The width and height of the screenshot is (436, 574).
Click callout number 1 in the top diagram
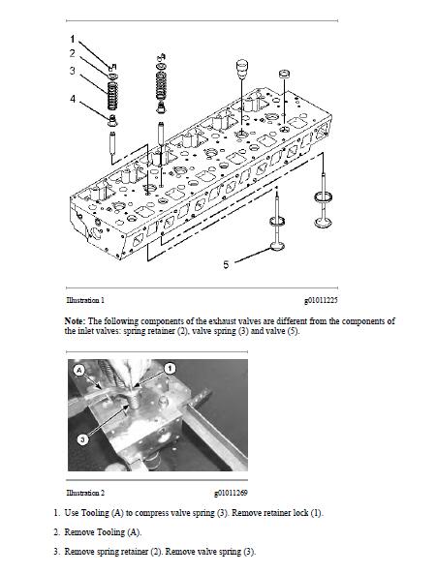click(x=72, y=39)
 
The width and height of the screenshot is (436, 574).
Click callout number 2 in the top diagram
click(x=72, y=53)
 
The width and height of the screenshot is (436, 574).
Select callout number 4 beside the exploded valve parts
click(x=73, y=99)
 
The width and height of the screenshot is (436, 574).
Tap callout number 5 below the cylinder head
click(x=226, y=264)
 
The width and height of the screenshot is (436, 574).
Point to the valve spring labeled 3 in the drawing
click(x=112, y=95)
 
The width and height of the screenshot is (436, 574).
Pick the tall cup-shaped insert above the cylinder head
click(x=241, y=69)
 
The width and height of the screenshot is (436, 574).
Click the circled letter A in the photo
click(x=79, y=371)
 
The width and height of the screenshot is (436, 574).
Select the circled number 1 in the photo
click(x=170, y=368)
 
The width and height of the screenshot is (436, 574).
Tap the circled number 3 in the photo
click(x=82, y=438)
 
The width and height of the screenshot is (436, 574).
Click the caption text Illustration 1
click(x=85, y=300)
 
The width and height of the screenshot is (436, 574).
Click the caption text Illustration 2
click(x=85, y=493)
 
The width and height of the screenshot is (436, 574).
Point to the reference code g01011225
click(x=321, y=300)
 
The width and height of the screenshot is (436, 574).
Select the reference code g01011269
click(x=231, y=493)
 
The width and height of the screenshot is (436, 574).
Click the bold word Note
click(x=75, y=321)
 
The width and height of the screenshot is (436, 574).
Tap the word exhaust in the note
click(x=222, y=321)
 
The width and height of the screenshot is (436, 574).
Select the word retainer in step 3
click(x=135, y=552)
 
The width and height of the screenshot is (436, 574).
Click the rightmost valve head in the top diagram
click(x=324, y=222)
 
